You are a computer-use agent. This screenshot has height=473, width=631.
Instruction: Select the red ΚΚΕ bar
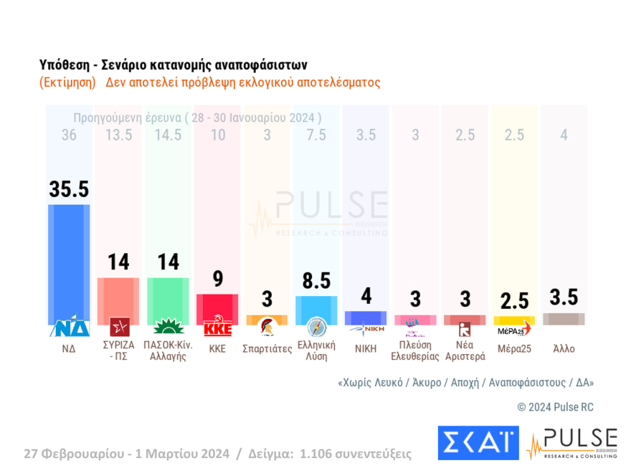(217, 307)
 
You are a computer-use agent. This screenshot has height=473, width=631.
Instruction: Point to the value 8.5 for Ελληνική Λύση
(316, 280)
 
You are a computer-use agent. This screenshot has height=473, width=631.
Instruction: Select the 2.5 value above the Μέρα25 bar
(514, 300)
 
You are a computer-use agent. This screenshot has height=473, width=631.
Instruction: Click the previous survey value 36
(69, 135)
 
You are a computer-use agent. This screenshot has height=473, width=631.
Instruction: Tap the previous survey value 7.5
(316, 135)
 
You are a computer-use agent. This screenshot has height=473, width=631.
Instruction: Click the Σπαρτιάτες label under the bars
(267, 349)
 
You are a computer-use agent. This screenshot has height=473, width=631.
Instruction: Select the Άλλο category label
(564, 349)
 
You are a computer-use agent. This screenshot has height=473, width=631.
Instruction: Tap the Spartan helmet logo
(267, 328)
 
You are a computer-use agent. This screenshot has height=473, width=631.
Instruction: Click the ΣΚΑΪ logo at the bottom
(478, 443)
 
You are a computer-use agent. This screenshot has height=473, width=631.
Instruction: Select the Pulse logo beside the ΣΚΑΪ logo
(571, 443)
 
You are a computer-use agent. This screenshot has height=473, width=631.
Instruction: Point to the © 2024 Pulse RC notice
(555, 407)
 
